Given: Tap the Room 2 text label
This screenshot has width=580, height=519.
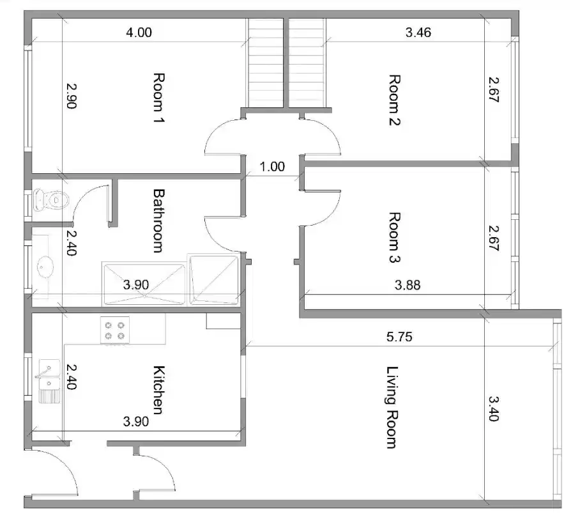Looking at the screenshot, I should pos(394,100).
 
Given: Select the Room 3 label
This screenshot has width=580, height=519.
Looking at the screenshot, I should pos(394,238).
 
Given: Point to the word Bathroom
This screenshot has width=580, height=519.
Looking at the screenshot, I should pos(159,220).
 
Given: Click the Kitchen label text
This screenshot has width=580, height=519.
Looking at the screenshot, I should pos(160,389).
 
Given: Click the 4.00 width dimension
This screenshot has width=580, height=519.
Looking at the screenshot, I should pos(139,33).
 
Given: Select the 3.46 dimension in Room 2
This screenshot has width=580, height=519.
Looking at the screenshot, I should pos(418,33).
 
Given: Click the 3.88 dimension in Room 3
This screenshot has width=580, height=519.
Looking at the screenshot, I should pos(408,286).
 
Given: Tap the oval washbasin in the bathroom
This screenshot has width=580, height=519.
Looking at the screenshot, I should pos(45,265).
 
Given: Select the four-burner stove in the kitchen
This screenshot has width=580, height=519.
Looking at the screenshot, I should pos(114,330).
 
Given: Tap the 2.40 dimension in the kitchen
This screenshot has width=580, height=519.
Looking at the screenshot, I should pos(71,377).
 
